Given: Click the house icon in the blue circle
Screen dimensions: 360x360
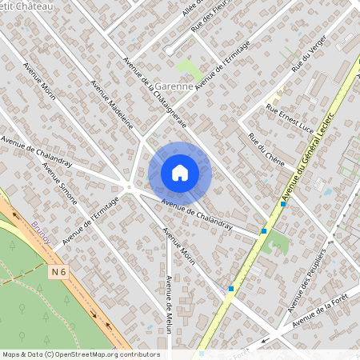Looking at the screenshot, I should coord(180,172).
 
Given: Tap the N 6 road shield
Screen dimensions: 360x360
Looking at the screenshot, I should coord(57,272).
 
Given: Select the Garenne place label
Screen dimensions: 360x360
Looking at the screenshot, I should coord(169,86).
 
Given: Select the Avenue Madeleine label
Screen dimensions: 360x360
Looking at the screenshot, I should coord(112,104).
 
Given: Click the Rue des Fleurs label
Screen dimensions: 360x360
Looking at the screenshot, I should coord(209,17).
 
